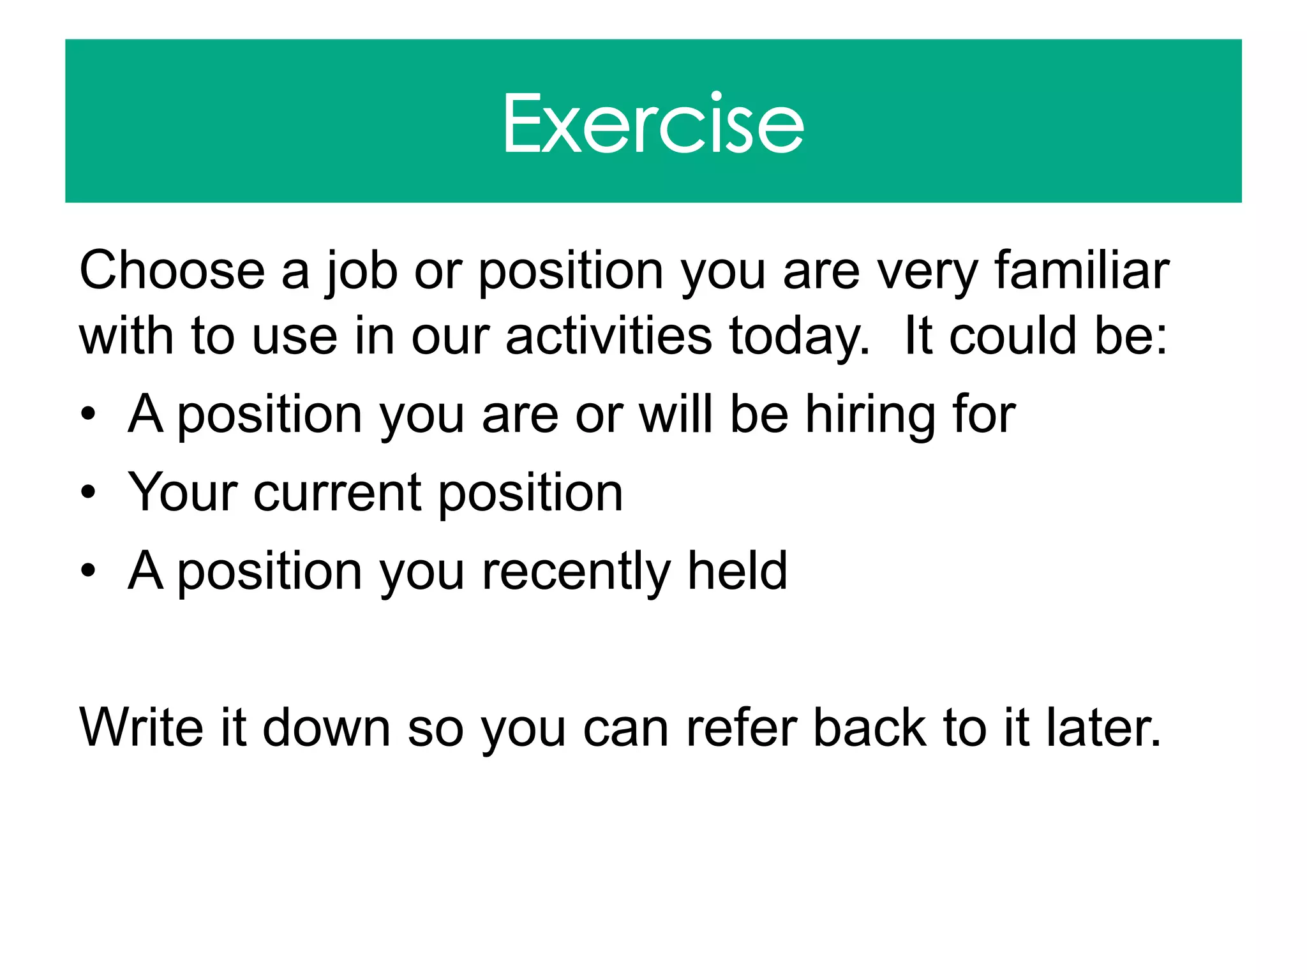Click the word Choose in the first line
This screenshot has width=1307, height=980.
coord(172,271)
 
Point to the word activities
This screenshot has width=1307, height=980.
coord(608,336)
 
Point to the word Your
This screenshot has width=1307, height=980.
coord(183,493)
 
